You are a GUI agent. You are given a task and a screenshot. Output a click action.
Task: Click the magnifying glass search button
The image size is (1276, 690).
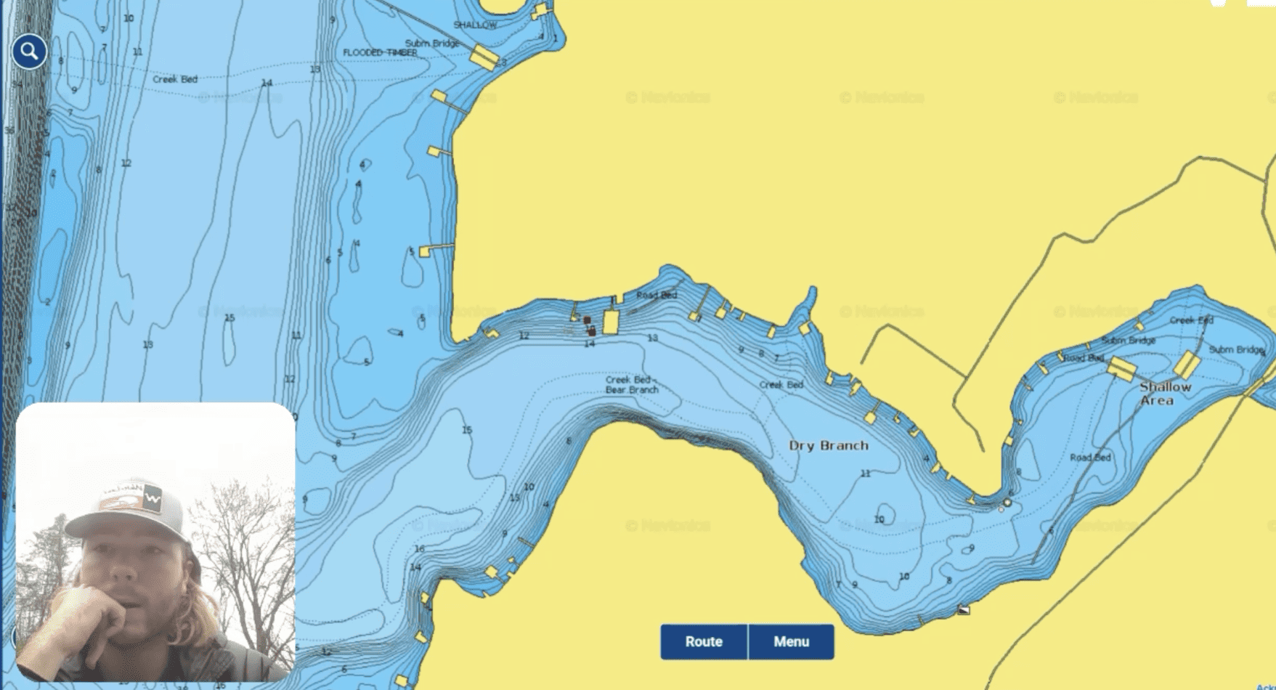pos(29,52)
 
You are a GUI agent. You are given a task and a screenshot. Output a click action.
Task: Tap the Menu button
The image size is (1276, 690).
pos(791,641)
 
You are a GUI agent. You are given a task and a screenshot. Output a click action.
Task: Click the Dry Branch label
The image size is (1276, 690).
pos(829,445)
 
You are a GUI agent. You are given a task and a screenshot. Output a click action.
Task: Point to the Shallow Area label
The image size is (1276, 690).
pos(1165,393)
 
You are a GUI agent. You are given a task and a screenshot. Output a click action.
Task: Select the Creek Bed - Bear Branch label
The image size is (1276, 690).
pos(632,384)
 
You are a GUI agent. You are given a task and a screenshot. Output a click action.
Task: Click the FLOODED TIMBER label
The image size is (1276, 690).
pos(380,52)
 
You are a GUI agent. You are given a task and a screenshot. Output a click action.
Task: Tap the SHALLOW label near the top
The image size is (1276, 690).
pos(475,25)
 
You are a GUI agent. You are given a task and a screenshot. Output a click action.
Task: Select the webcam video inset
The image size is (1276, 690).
pos(155,542)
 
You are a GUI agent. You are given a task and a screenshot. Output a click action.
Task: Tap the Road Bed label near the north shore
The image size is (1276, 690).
pos(657,295)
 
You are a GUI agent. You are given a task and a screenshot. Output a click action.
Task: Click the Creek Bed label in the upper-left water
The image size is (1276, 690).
pos(175,79)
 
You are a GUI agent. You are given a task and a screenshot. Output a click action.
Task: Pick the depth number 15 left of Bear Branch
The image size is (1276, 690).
pos(467,430)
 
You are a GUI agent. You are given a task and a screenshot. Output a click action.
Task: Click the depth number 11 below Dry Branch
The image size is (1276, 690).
pos(865,474)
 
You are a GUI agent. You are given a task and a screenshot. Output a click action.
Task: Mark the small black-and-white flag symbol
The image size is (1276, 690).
pos(964,609)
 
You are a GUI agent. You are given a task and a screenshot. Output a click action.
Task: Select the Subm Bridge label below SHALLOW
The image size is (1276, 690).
pos(432,43)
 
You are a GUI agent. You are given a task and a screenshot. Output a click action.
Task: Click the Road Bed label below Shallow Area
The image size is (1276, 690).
pos(1090,457)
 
